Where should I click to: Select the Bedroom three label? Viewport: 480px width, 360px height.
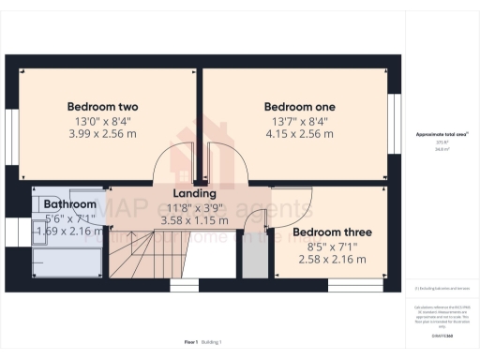(332, 232)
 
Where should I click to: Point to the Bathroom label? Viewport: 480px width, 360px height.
(70, 204)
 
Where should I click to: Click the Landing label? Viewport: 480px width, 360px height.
(194, 194)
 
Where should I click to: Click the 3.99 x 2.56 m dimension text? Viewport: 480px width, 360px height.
(102, 134)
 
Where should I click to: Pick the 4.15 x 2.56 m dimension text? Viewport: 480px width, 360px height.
(300, 134)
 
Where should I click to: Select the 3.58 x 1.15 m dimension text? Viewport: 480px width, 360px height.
(195, 220)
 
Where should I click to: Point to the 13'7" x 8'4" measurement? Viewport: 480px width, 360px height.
(300, 121)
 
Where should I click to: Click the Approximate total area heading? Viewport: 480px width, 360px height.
(442, 134)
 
